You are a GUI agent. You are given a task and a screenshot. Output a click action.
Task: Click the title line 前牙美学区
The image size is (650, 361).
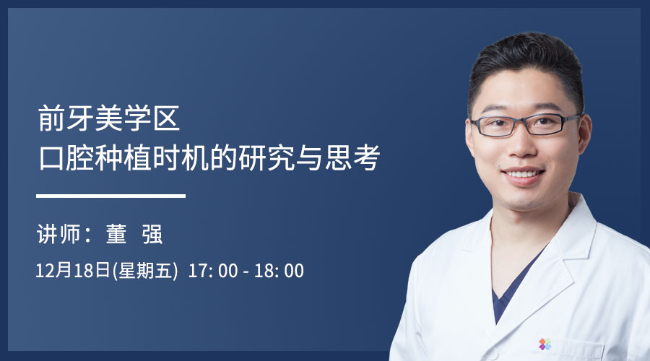click(109, 118)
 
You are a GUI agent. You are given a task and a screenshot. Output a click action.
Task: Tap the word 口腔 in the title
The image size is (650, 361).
click(66, 157)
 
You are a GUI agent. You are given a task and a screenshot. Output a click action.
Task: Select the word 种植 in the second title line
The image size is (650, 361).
click(123, 157)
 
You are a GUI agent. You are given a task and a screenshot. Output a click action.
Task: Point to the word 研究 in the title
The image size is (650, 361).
click(266, 157)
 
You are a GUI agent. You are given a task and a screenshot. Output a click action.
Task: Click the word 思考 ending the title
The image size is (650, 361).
click(352, 157)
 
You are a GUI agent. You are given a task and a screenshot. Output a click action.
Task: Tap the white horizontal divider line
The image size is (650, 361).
click(110, 196)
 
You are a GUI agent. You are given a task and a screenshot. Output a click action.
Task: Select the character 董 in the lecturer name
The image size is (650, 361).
click(116, 234)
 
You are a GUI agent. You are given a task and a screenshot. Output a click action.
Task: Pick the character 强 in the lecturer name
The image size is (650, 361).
click(152, 234)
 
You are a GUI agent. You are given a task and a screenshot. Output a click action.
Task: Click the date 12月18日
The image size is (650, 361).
click(73, 271)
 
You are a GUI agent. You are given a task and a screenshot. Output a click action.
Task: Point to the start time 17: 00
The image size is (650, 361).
click(213, 271)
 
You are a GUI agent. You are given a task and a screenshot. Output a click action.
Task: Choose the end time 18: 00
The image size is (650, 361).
click(279, 271)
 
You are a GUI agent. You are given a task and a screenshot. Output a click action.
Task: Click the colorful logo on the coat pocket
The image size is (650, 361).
click(545, 344)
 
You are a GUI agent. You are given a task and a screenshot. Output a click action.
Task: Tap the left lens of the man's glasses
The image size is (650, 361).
click(494, 127)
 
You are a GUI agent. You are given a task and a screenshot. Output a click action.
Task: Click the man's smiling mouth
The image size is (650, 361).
click(523, 174)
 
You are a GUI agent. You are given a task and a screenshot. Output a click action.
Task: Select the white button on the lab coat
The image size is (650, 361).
click(492, 354)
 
